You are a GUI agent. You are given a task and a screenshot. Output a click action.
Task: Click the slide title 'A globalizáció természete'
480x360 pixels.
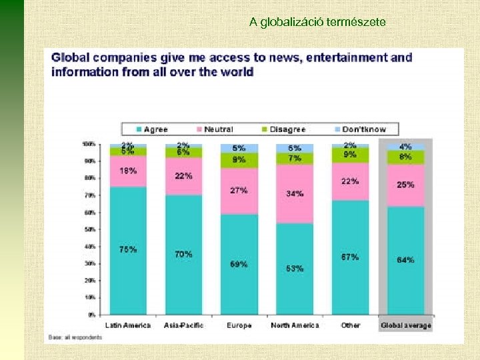[x=317, y=22]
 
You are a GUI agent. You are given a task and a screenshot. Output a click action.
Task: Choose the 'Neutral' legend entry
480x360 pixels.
[x=213, y=129]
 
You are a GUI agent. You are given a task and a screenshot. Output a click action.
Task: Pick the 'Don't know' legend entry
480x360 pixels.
[x=359, y=129]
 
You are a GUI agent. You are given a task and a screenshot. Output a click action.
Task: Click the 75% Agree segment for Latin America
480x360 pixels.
[x=128, y=250]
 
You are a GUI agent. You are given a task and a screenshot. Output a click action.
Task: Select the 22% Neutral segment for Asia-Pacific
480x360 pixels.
[x=183, y=176]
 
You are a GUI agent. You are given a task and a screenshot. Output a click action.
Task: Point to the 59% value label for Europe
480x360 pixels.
[x=239, y=264]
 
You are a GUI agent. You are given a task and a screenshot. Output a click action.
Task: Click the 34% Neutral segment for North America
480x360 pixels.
[x=295, y=193]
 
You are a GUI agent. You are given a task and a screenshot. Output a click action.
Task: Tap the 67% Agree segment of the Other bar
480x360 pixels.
[x=350, y=257]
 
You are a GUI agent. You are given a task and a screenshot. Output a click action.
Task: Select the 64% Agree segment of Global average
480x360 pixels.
[x=405, y=260]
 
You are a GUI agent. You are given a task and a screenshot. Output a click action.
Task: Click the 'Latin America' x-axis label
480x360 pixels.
[x=128, y=325]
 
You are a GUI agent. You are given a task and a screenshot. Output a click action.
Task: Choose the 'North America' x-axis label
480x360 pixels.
[x=295, y=325]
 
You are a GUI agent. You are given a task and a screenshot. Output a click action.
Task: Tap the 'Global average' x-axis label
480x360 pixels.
[x=405, y=325]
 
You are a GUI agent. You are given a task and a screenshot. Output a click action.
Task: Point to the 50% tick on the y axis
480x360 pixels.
[x=89, y=229]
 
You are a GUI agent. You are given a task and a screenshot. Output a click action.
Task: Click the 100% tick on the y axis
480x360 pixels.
[x=87, y=144]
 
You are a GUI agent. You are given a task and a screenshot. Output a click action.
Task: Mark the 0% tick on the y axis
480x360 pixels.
[x=91, y=315]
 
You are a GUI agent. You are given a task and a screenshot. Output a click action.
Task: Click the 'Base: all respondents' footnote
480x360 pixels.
[x=76, y=337]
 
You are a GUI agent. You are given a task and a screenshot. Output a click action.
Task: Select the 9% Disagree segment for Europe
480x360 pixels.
[x=239, y=160]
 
